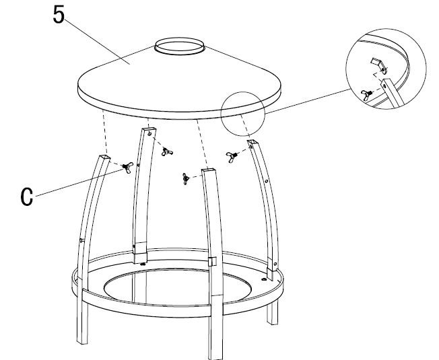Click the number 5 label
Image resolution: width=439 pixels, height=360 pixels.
pyautogui.click(x=59, y=15)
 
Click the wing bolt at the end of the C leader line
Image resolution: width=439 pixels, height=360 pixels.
pyautogui.click(x=125, y=168)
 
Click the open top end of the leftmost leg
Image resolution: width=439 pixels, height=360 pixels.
pyautogui.click(x=104, y=157)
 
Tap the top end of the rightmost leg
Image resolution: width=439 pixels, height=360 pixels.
pyautogui.click(x=255, y=143)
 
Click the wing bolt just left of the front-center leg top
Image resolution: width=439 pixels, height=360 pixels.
pyautogui.click(x=184, y=178)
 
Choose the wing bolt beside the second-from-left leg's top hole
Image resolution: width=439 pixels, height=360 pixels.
pyautogui.click(x=164, y=151)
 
